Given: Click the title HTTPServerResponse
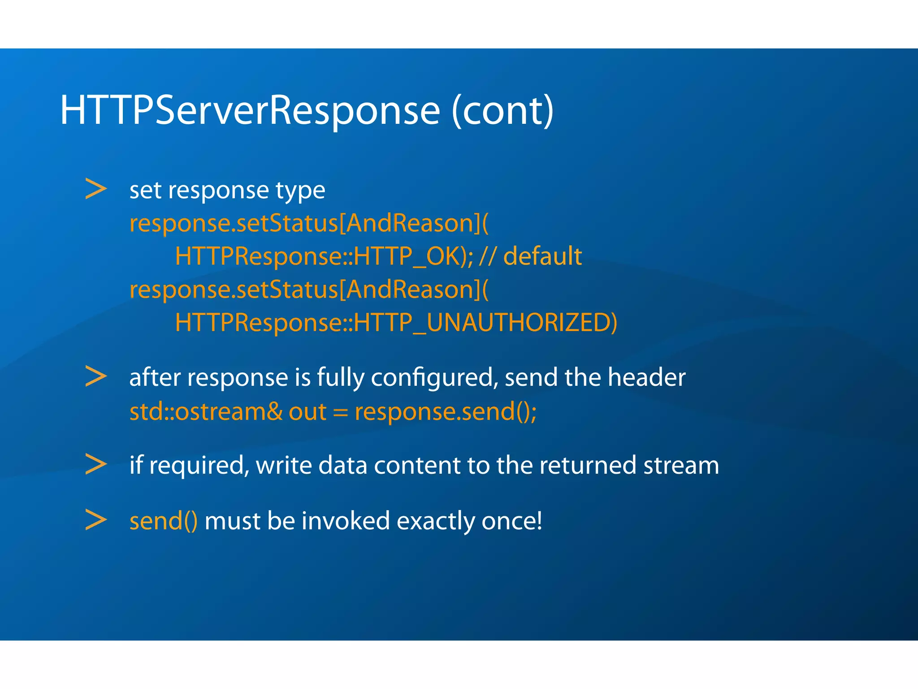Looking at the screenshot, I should point(250,111).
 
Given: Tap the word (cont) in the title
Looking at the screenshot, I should point(502,111).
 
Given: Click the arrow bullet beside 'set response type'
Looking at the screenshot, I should point(96,189).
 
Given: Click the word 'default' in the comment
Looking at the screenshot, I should point(542,256).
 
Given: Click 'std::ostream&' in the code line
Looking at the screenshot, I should point(206,411).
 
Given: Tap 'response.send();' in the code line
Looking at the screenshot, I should point(446,411).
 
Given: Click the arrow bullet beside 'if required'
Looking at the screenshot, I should point(96,464).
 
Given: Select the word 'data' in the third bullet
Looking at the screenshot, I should point(342,465).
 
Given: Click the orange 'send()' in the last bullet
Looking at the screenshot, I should point(163,521).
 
